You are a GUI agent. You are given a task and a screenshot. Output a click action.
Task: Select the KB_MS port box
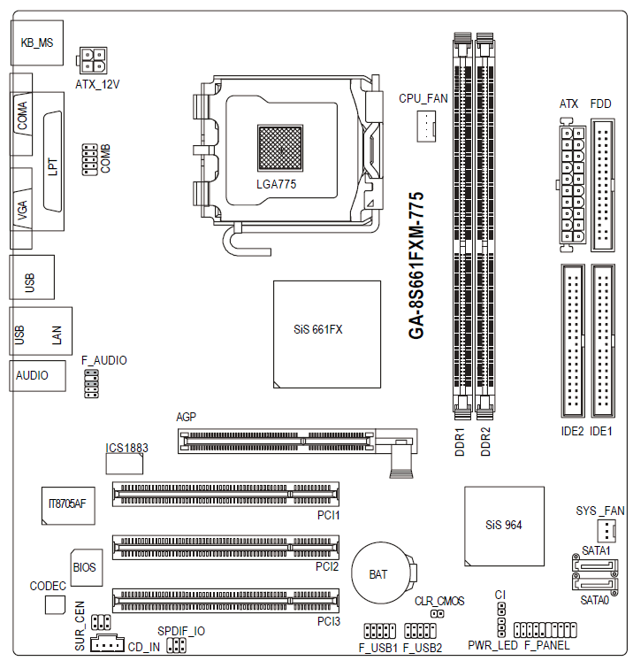click(36, 42)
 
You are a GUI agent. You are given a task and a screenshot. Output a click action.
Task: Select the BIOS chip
click(85, 566)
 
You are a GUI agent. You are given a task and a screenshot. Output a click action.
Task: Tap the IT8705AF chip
click(67, 505)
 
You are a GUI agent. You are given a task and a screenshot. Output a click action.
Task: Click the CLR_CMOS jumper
click(437, 613)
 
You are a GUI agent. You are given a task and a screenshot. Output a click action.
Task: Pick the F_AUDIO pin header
click(91, 384)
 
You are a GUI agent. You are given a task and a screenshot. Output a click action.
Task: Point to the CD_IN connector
click(108, 645)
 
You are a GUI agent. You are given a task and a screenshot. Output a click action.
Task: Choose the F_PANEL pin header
click(545, 631)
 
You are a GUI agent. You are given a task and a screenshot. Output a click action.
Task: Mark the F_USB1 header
click(379, 631)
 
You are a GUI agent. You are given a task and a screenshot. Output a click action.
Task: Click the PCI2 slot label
click(328, 565)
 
